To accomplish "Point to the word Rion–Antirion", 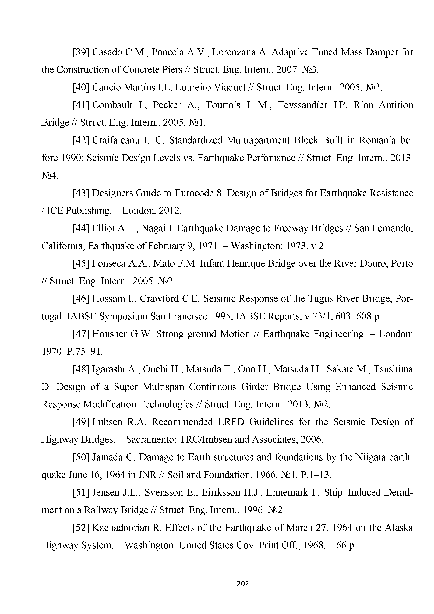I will (x=383, y=105).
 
